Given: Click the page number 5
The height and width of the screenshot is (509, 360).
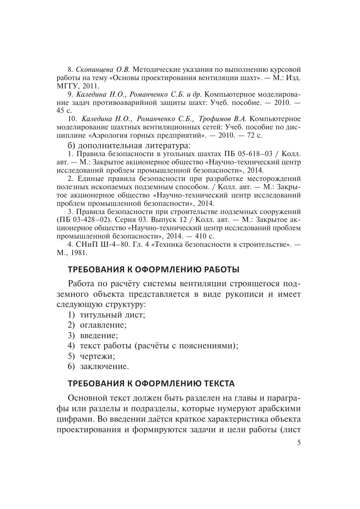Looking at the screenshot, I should coord(299,443).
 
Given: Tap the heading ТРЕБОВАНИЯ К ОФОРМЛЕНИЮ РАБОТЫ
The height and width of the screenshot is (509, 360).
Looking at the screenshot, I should coord(153,270).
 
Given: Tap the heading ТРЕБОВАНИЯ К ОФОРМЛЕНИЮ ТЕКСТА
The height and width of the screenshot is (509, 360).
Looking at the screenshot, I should coord(151,384).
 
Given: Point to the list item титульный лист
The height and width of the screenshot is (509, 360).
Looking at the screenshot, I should coord(112,315).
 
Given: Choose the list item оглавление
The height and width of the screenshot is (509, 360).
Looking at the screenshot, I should coord(103,325).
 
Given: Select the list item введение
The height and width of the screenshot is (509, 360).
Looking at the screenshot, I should coord(99,335).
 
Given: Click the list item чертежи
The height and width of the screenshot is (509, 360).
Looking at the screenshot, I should coord(97,356).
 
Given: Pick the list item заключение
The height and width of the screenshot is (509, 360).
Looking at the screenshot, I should coord(104,366).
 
